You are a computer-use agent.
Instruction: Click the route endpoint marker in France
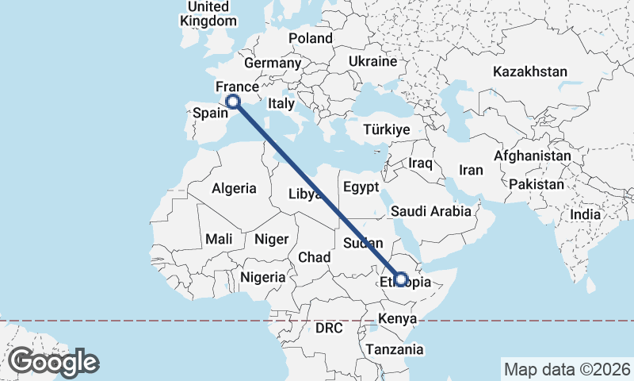(x=233, y=101)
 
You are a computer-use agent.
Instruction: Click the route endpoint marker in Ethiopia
(x=401, y=279)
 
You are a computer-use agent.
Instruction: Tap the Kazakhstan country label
(x=529, y=71)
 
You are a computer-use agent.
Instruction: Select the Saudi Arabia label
(x=430, y=212)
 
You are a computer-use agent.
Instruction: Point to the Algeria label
(x=234, y=188)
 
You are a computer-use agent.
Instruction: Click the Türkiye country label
(x=386, y=129)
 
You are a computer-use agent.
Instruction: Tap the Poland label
(x=311, y=38)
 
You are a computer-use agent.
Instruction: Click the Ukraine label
(x=372, y=61)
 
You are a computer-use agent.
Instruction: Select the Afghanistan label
(x=532, y=156)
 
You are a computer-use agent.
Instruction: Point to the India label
(x=586, y=214)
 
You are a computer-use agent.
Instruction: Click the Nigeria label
(x=262, y=277)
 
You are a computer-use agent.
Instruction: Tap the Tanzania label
(x=395, y=349)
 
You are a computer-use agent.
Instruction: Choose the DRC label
(x=328, y=327)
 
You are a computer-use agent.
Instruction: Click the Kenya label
(x=398, y=319)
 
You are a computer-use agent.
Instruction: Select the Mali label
(x=219, y=238)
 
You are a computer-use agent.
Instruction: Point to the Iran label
(x=472, y=170)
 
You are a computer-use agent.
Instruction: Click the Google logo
(x=53, y=362)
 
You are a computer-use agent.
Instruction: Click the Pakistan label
(x=537, y=184)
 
